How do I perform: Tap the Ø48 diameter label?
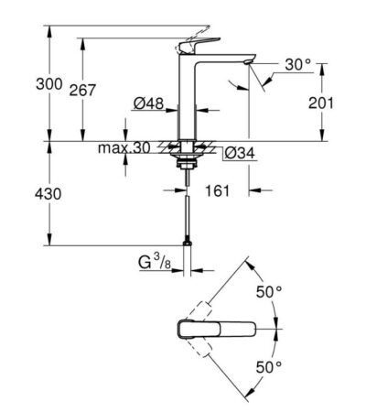pyautogui.click(x=145, y=104)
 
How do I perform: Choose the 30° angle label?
pyautogui.click(x=296, y=64)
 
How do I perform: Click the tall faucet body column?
pyautogui.click(x=188, y=101)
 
